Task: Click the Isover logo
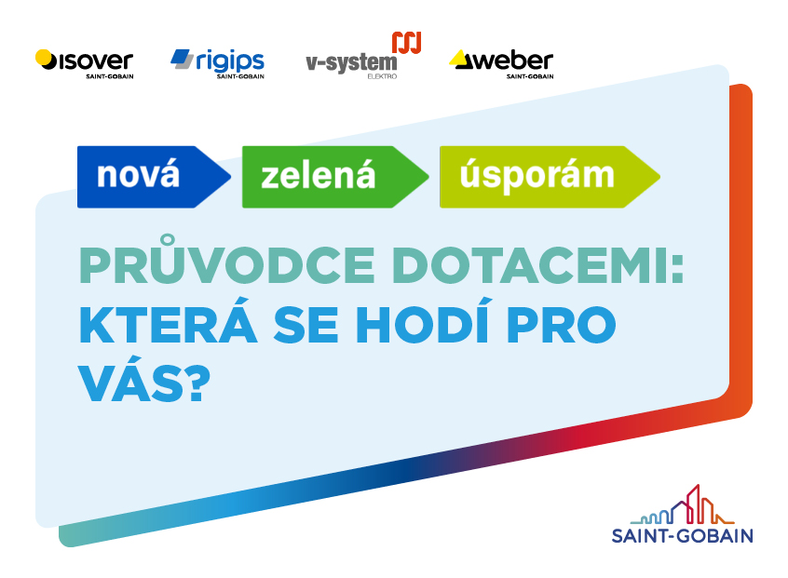84,62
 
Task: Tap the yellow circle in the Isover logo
44,58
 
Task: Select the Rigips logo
217,62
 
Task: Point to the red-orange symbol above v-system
406,43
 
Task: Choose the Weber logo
501,63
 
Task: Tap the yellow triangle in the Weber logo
459,60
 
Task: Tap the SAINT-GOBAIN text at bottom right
682,535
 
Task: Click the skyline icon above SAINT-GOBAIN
682,505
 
